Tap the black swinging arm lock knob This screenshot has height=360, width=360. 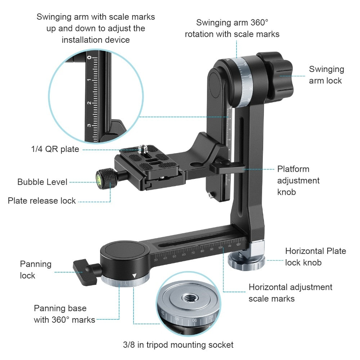pyautogui.click(x=275, y=75)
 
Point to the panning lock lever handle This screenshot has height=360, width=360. pyautogui.click(x=85, y=272)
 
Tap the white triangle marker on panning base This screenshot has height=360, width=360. pyautogui.click(x=134, y=275)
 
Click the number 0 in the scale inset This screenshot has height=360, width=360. pyautogui.click(x=89, y=57)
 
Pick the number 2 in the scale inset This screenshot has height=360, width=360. pyautogui.click(x=89, y=103)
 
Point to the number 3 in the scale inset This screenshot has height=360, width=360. pyautogui.click(x=89, y=125)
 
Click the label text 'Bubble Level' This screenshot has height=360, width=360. pyautogui.click(x=42, y=182)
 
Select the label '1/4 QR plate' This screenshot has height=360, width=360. pyautogui.click(x=55, y=149)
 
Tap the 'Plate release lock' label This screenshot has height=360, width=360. pyautogui.click(x=41, y=201)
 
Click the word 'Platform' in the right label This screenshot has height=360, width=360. pyautogui.click(x=293, y=169)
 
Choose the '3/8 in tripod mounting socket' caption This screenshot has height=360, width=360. pyautogui.click(x=178, y=345)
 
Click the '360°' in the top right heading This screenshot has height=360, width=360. pyautogui.click(x=259, y=22)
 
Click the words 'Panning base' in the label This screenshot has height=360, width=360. pyautogui.click(x=60, y=308)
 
